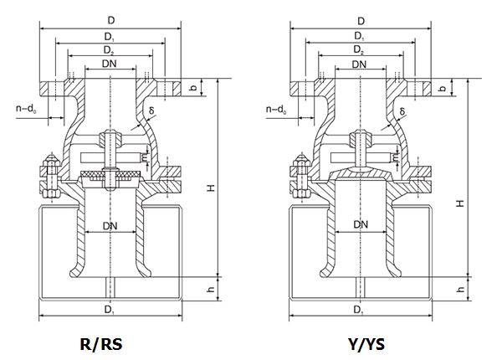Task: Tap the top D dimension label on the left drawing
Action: pos(110,20)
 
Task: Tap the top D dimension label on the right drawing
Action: pos(361,20)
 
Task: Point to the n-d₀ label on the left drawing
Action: pos(26,109)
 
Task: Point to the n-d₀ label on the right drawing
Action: pos(275,109)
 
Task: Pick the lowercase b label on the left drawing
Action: pos(193,88)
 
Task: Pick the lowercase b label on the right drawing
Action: pos(443,88)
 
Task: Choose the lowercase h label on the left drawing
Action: pos(212,289)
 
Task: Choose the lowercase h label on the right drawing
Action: pos(461,289)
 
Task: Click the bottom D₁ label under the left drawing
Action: pos(110,310)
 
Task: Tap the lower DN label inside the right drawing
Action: pos(361,224)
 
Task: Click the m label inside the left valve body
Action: pos(146,156)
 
